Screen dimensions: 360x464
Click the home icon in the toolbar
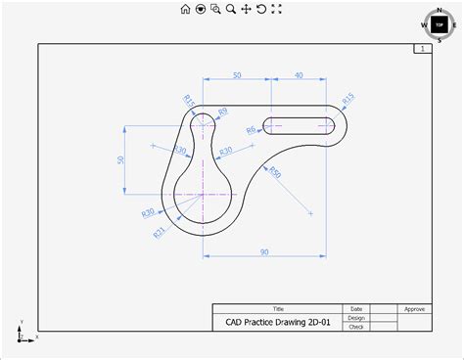(x=185, y=9)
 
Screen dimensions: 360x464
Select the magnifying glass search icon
(x=230, y=9)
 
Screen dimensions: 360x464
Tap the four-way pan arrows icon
(x=246, y=9)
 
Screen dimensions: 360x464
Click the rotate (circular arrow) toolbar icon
(x=261, y=9)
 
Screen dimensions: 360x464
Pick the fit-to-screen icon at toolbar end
(x=276, y=9)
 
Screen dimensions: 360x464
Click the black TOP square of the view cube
(x=439, y=24)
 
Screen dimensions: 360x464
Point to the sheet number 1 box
(x=421, y=48)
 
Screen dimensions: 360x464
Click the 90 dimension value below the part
(x=264, y=252)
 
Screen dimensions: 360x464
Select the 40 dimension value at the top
(x=298, y=75)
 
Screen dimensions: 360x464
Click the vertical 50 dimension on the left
(x=121, y=159)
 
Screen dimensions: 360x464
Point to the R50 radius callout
(x=275, y=173)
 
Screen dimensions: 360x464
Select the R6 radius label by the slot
(x=251, y=129)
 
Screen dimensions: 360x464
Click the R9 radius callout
(x=223, y=112)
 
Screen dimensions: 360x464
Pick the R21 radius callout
(x=160, y=231)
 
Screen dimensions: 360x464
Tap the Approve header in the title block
(x=414, y=308)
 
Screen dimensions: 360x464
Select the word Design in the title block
(x=356, y=317)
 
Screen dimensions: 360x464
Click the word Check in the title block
(x=356, y=327)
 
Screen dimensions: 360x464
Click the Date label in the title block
(x=356, y=308)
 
